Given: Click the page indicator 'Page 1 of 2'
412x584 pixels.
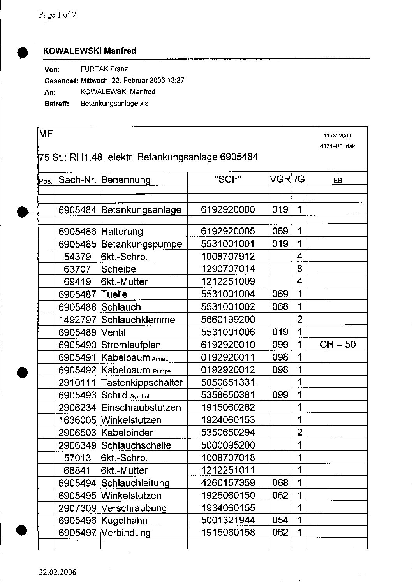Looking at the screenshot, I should pos(57,15).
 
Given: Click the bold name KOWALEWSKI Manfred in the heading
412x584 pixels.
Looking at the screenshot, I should pos(90,51).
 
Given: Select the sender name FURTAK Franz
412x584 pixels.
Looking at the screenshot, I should pos(104,69).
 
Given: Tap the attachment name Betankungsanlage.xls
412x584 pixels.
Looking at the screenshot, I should pos(114,104).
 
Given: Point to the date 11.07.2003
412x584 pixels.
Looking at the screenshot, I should pos(337,136).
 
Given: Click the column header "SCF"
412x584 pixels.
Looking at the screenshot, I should pos(228,179).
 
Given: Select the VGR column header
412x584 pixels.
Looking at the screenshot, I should pos(280,179).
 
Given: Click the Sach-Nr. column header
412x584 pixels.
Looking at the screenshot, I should pos(77,179).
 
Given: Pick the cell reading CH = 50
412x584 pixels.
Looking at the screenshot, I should pos(338,345).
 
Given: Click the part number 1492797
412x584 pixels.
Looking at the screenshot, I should pos(77,320).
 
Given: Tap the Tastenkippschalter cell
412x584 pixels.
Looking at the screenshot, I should pos(141,382).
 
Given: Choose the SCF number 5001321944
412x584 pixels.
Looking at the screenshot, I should pos(228,520).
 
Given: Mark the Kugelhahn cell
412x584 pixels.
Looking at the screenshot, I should pos(124,521).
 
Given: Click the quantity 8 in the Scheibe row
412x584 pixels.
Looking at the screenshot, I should pos(299,269).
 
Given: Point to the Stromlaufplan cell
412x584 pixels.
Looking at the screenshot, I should pos(131,345).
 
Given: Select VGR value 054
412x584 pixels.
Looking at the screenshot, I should pos(280,520).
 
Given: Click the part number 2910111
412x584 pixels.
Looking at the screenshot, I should pos(77,382).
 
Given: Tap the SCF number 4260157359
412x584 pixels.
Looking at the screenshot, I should pos(228,483).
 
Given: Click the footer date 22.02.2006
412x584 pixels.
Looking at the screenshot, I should pos(57,572).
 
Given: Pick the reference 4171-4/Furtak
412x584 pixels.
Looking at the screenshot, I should pos(337,147).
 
